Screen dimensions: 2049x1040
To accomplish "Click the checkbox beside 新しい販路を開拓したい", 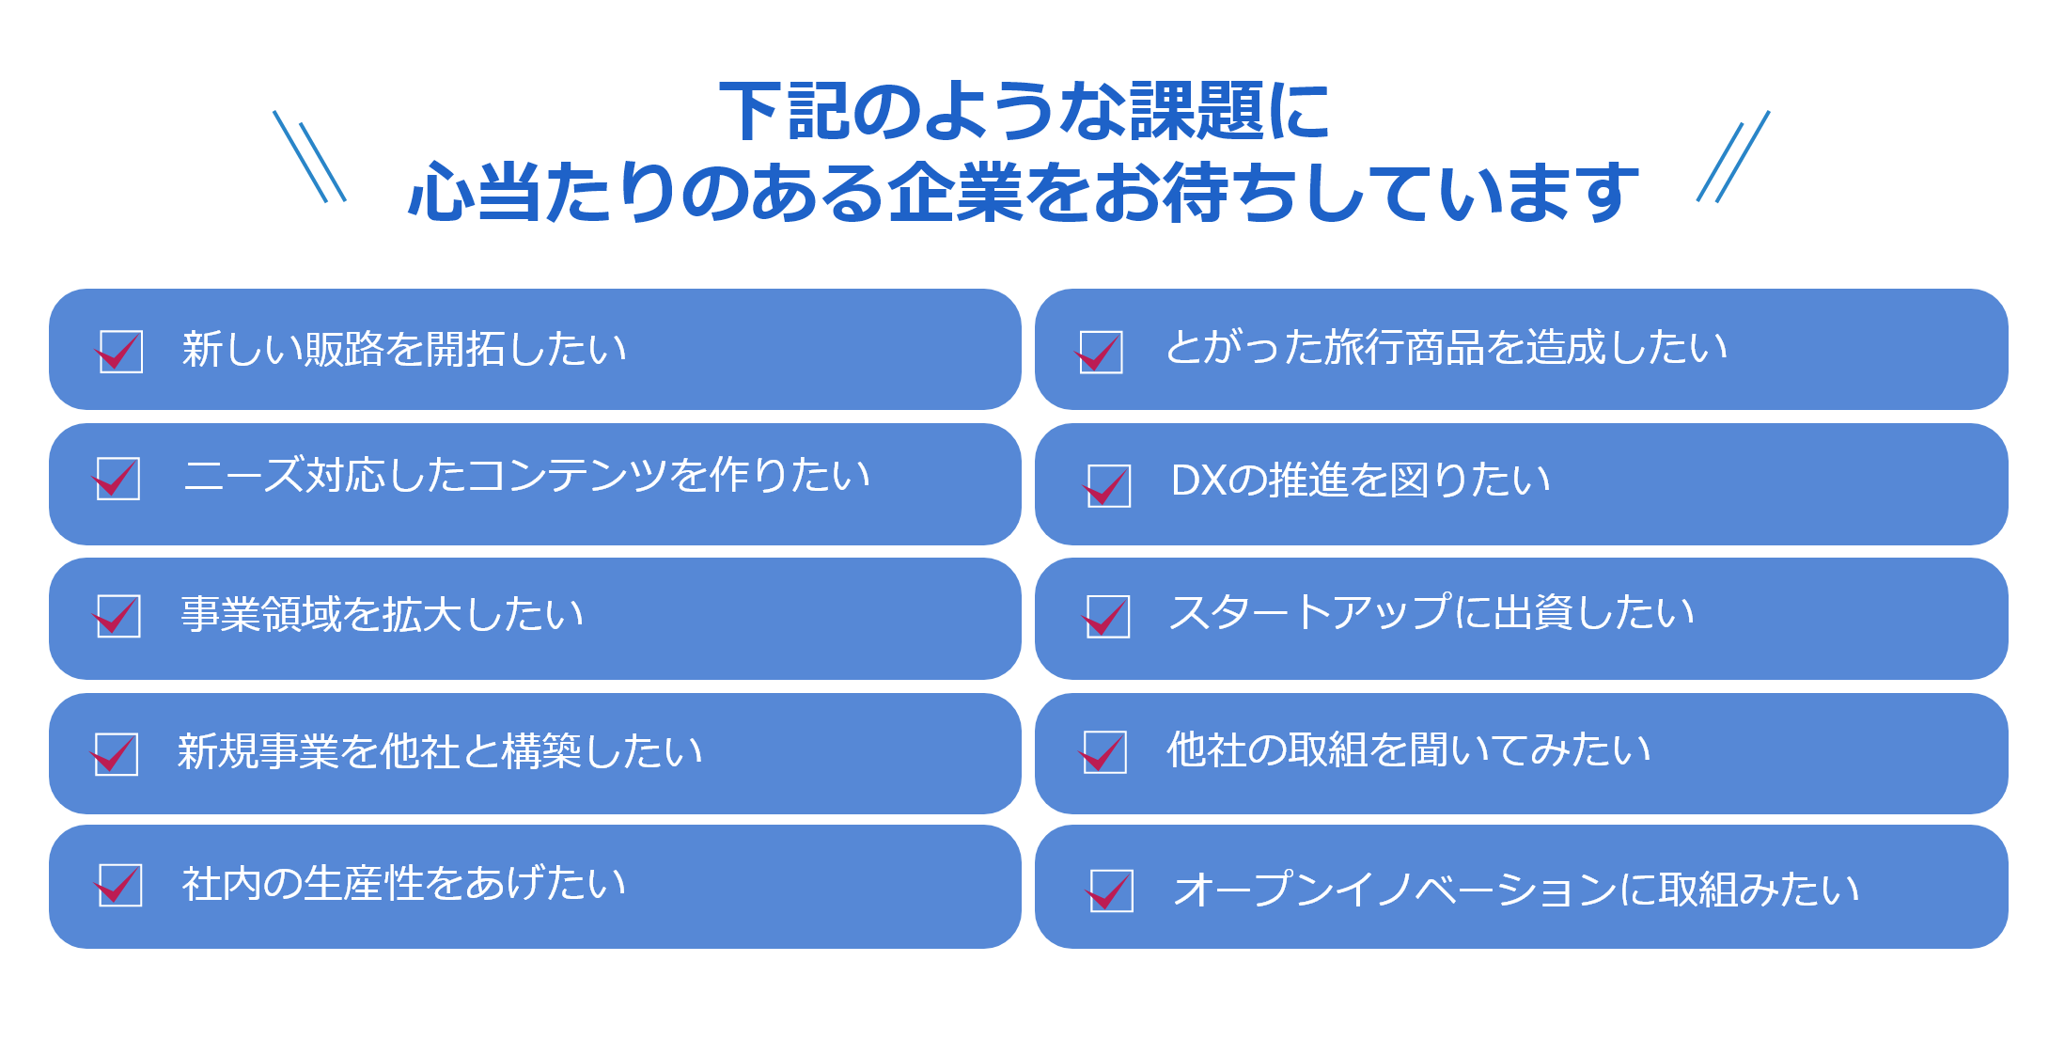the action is [x=120, y=352].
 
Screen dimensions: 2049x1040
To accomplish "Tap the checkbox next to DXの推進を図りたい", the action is [x=1108, y=485].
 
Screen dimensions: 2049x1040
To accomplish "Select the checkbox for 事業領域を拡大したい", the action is [x=118, y=616].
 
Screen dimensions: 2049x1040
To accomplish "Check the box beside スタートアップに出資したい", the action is [x=1107, y=617].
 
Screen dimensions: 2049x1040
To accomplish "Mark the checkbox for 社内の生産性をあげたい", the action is [x=119, y=885].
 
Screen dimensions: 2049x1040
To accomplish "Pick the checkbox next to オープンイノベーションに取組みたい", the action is [x=1110, y=890].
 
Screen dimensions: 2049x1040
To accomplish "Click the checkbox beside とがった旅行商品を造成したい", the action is [x=1101, y=353].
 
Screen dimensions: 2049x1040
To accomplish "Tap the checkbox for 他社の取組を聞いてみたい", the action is [x=1104, y=751].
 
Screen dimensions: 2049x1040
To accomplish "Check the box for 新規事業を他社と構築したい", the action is [x=117, y=754].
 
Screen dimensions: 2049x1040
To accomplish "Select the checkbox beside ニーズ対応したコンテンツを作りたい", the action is [x=117, y=479].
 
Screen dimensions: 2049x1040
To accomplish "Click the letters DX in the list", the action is [x=1198, y=481].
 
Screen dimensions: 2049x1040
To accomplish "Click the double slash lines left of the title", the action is [x=309, y=156].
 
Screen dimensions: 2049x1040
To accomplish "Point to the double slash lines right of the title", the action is [x=1733, y=156].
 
